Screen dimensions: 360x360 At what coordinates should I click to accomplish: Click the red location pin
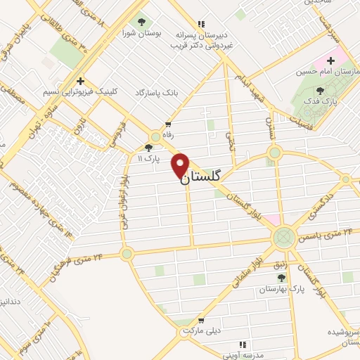click(x=181, y=166)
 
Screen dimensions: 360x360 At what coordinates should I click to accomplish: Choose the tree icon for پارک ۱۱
click(x=148, y=147)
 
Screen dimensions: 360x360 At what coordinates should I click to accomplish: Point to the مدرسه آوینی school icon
click(x=243, y=345)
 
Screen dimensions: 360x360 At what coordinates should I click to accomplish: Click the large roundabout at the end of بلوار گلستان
click(x=283, y=237)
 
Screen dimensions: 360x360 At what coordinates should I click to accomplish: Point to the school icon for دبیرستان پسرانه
click(x=202, y=23)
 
